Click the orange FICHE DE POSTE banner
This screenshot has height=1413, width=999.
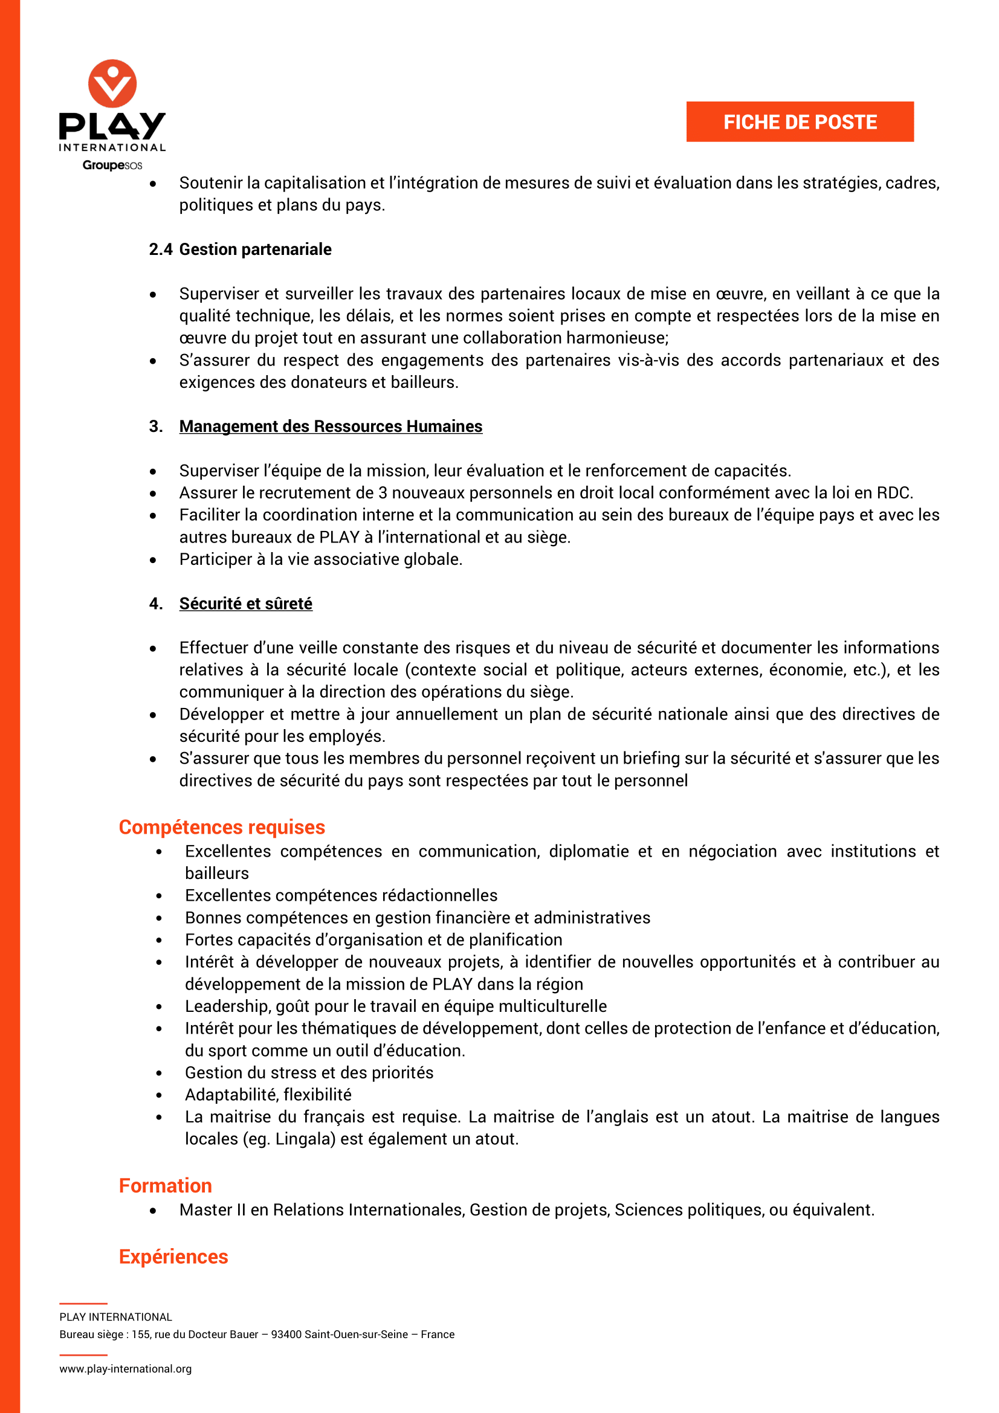[800, 122]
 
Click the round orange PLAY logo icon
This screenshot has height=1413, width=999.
[112, 83]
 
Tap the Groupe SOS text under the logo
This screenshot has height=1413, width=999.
[112, 165]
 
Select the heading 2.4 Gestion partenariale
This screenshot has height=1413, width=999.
[240, 249]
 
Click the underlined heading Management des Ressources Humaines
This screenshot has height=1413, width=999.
[331, 426]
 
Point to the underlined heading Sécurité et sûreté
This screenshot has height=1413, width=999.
[245, 604]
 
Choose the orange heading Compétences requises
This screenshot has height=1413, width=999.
[222, 827]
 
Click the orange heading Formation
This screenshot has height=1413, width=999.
[165, 1185]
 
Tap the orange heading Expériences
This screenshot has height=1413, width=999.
[173, 1256]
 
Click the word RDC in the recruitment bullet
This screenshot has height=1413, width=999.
[894, 493]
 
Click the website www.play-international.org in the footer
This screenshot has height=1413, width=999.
[126, 1369]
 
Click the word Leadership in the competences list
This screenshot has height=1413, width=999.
[227, 1006]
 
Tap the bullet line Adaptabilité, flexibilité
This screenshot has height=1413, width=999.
[268, 1094]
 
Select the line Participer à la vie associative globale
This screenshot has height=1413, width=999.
[321, 559]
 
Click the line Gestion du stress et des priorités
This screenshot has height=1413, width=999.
[309, 1072]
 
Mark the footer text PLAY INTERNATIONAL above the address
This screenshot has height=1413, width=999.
[115, 1317]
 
